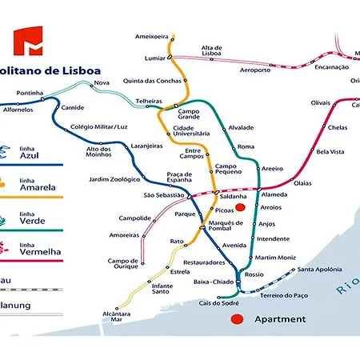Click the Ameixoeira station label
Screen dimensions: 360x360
pos(152,36)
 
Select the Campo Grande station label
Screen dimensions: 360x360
pos(189,114)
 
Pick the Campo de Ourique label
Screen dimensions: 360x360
pos(124,265)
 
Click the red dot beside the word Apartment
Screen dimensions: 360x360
pos(236,319)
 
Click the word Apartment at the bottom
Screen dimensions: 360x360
pos(279,319)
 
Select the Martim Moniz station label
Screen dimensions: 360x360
pos(275,258)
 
